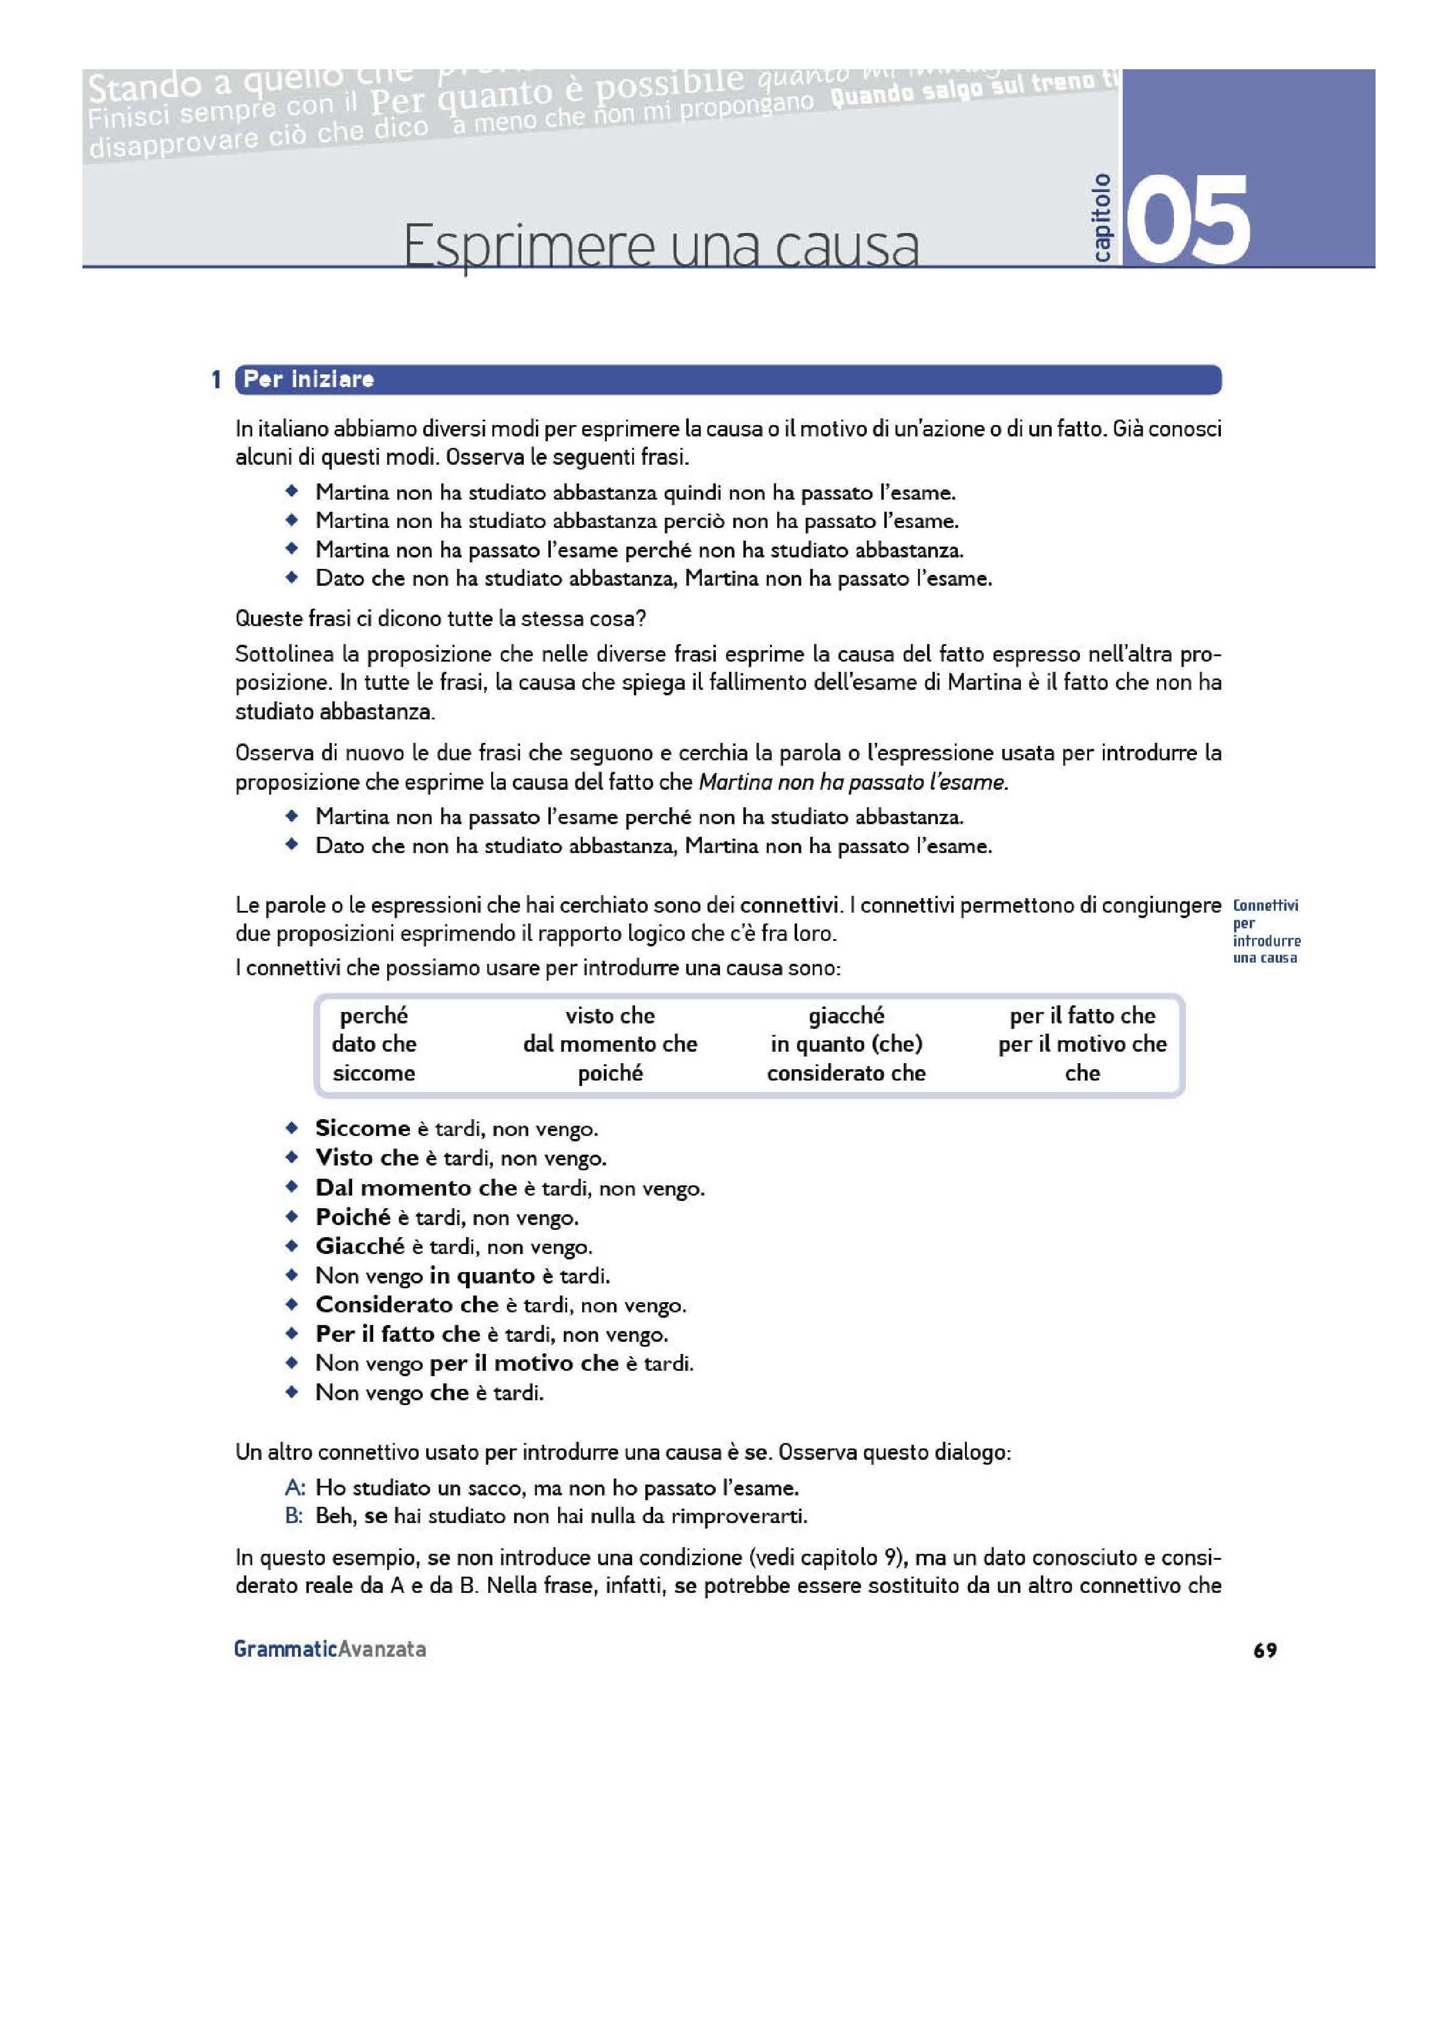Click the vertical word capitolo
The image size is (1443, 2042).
click(x=1102, y=218)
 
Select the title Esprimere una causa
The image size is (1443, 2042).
click(x=661, y=246)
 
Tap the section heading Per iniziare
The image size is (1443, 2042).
click(x=309, y=380)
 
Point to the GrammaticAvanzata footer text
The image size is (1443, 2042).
click(x=329, y=1649)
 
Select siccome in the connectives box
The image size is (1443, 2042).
click(x=374, y=1073)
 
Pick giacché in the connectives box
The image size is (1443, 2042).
click(x=846, y=1016)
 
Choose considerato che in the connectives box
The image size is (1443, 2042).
click(x=846, y=1073)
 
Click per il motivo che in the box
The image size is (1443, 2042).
click(x=1082, y=1044)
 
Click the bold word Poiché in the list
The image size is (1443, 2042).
click(x=353, y=1217)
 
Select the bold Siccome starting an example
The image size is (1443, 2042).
click(x=362, y=1129)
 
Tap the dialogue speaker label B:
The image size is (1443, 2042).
click(x=294, y=1515)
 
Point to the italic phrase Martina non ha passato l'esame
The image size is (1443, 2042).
click(x=853, y=783)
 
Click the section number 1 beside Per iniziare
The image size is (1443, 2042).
click(x=216, y=380)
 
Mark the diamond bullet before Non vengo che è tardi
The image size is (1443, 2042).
click(x=291, y=1392)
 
